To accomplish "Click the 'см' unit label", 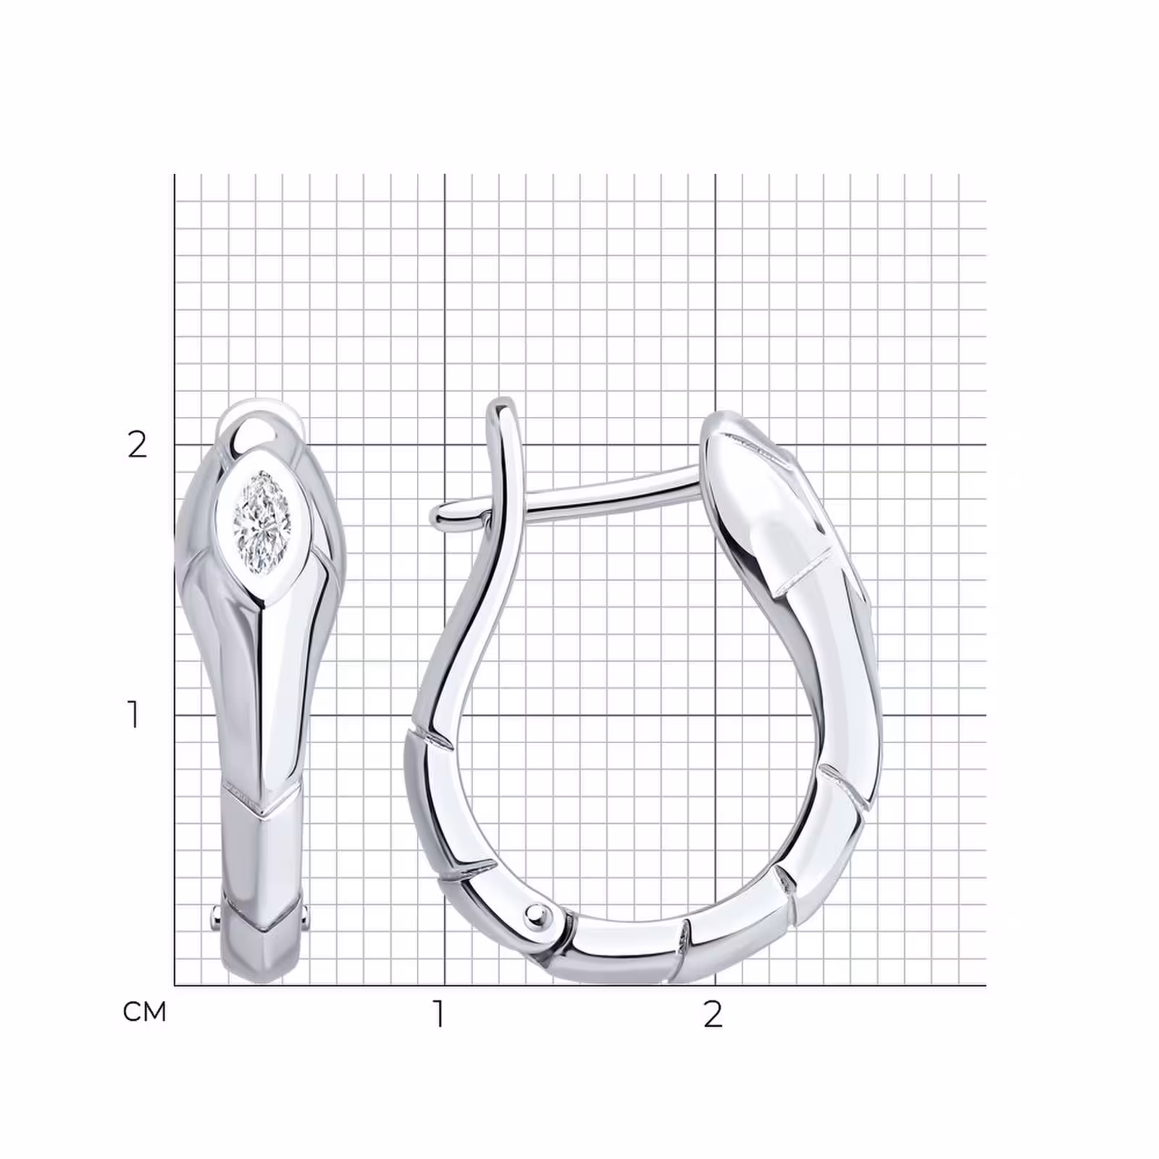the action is [145, 1012].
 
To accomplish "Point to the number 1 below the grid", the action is [438, 1014].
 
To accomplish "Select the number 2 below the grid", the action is [713, 1014].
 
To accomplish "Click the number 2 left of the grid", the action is [137, 444].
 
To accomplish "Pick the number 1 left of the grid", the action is [133, 714].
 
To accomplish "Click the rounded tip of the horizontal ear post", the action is [438, 515].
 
